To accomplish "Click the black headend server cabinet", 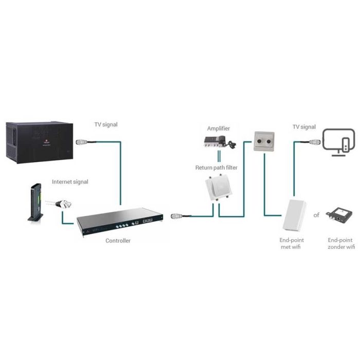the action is (x=39, y=142).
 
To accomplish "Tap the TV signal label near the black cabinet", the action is (x=106, y=124).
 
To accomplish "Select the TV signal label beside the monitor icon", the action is (x=304, y=127).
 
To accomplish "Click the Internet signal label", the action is (x=70, y=182).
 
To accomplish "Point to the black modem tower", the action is (x=35, y=203).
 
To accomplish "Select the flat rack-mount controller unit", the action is (x=120, y=221).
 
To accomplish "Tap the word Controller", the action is (x=118, y=241).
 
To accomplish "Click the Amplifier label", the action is (x=219, y=129).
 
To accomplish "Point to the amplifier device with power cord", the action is (x=220, y=142).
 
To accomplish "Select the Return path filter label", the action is (x=217, y=168).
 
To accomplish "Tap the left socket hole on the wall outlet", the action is (x=259, y=141).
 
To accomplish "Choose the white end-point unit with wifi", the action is (x=294, y=215).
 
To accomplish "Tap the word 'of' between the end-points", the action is (x=316, y=215).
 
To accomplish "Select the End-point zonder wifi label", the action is (x=341, y=243).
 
